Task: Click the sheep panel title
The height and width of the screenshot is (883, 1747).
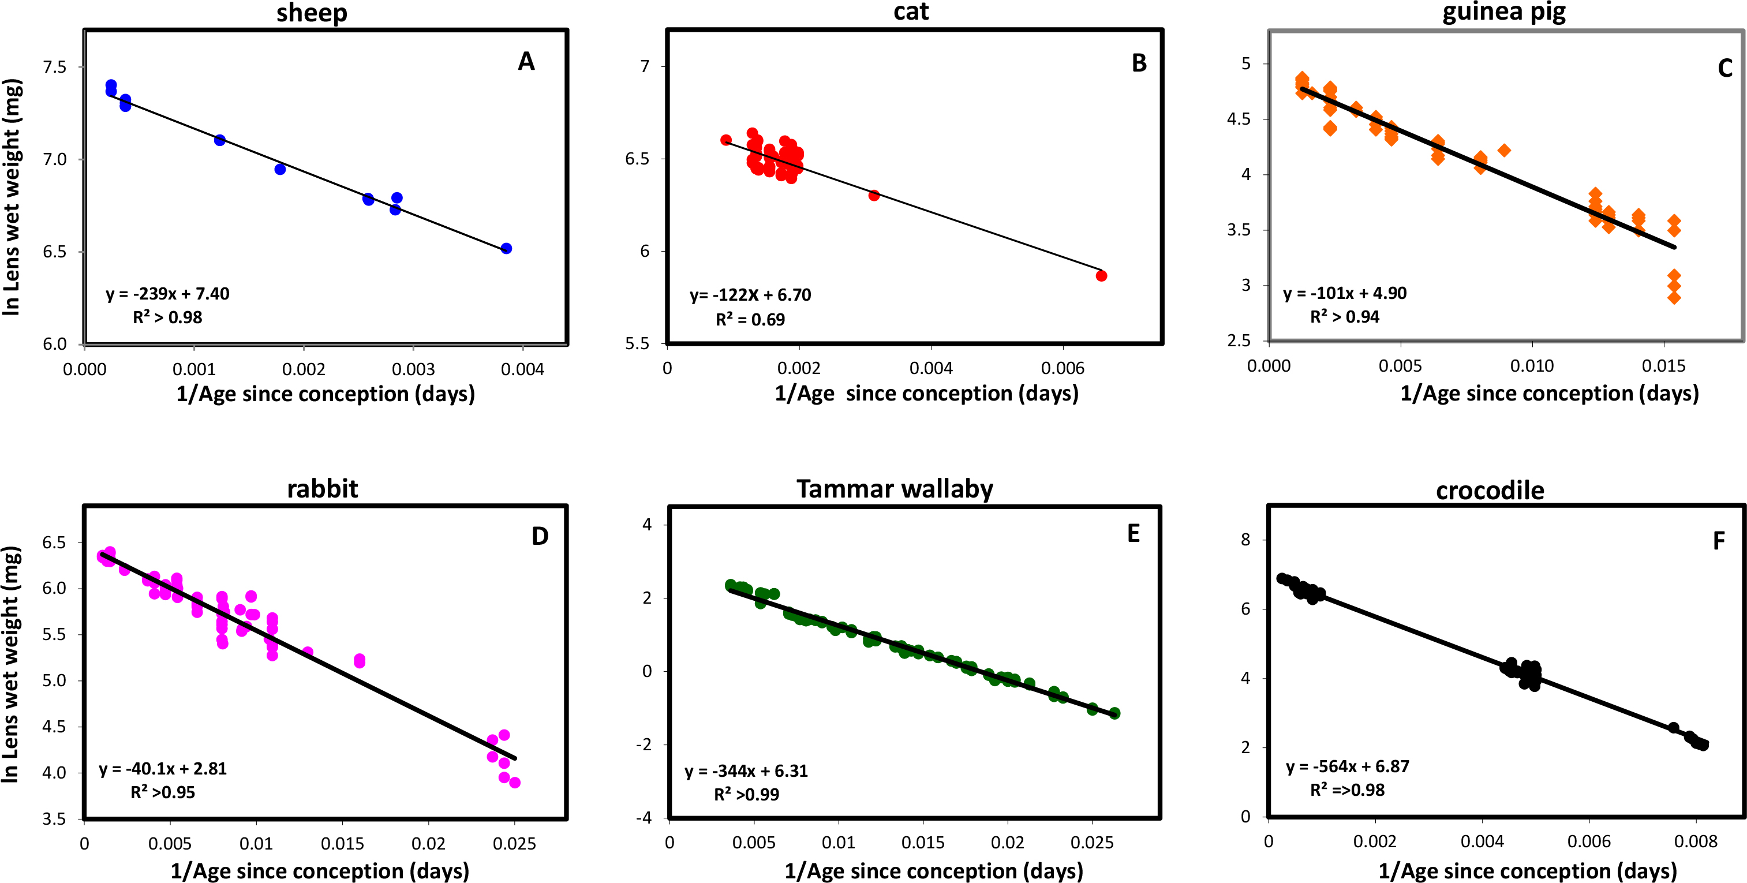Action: click(x=312, y=13)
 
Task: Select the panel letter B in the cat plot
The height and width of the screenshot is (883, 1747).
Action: click(x=1139, y=63)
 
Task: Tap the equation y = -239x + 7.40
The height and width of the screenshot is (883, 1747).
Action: click(x=167, y=294)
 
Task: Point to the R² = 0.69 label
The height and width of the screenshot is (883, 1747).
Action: click(x=750, y=319)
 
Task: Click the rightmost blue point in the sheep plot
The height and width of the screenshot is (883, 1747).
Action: click(x=506, y=249)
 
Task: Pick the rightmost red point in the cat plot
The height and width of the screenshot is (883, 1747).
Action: click(x=1101, y=276)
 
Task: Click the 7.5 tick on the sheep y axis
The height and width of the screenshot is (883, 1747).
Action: click(x=54, y=66)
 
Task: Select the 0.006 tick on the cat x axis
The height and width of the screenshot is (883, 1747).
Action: click(x=1062, y=368)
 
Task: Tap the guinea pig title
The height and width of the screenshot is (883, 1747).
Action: click(x=1503, y=13)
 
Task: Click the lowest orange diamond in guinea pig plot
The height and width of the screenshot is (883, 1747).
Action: click(x=1674, y=297)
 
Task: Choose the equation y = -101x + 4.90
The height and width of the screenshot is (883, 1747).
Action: click(x=1345, y=293)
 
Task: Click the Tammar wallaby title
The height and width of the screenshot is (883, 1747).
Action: click(x=895, y=489)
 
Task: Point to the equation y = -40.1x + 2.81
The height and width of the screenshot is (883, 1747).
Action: click(x=163, y=768)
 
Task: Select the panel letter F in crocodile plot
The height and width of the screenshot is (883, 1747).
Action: click(x=1719, y=541)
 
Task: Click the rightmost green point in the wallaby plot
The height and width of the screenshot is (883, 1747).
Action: click(x=1114, y=713)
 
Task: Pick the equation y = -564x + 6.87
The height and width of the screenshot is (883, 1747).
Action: click(x=1348, y=766)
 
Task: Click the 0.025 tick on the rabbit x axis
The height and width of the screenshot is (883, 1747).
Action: click(x=514, y=844)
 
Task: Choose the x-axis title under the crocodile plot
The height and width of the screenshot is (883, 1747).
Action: click(x=1527, y=871)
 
